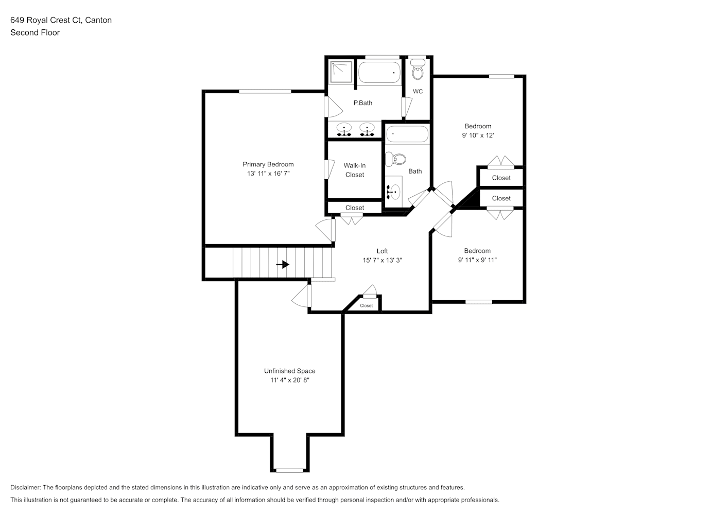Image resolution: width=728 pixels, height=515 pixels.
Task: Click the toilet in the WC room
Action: [418, 70]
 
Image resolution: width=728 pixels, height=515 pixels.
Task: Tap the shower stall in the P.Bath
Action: [341, 72]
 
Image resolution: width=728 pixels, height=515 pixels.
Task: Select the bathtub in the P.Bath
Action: [379, 72]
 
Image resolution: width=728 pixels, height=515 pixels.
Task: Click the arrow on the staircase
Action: [283, 264]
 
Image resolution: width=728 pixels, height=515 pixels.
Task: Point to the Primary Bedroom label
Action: [268, 164]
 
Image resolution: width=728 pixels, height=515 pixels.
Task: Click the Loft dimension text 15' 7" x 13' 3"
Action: [382, 260]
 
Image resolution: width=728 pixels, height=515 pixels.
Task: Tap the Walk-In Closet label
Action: [355, 170]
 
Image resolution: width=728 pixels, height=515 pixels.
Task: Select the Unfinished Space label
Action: [289, 371]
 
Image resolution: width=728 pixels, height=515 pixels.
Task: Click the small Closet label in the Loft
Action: [366, 305]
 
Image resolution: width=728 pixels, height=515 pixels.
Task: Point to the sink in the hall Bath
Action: [393, 192]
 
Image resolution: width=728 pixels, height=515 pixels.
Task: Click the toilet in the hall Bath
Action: [396, 159]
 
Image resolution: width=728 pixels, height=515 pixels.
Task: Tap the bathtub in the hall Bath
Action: [407, 133]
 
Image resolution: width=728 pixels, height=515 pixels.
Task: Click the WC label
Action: [418, 91]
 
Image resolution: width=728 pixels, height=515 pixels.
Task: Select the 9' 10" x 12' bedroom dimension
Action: [478, 135]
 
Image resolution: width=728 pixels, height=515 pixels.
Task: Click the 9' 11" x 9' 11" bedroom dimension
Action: [477, 260]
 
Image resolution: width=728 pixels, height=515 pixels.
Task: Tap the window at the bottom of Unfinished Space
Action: [289, 470]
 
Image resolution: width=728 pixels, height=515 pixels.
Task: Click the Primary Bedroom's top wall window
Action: [265, 91]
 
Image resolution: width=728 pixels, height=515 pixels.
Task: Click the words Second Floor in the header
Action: [35, 32]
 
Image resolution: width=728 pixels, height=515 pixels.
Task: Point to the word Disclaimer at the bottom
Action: [26, 487]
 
